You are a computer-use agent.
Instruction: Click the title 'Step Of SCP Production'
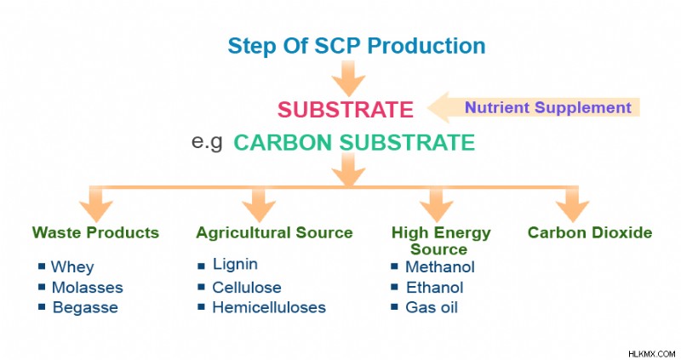tap(357, 46)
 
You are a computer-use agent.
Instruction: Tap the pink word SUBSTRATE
tap(346, 110)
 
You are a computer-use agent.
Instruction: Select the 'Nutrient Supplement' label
tap(548, 107)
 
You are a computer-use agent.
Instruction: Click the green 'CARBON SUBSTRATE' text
tap(354, 142)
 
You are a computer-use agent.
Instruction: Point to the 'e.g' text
tap(207, 141)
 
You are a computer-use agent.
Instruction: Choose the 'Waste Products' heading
tap(95, 232)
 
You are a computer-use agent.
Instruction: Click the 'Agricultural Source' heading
tap(274, 232)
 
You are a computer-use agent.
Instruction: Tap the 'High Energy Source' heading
tap(440, 241)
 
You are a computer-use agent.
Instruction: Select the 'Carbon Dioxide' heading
tap(590, 232)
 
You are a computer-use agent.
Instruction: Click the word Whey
tap(72, 266)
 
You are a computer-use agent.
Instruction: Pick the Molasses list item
tap(88, 288)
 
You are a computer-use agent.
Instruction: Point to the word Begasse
tap(85, 307)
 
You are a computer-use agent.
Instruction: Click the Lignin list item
tap(235, 264)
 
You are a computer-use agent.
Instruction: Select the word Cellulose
tap(247, 288)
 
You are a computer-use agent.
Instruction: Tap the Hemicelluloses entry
tap(269, 307)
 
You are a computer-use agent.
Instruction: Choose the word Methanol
tap(440, 266)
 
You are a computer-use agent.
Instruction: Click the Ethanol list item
tap(435, 288)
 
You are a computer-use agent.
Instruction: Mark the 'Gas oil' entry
tap(432, 307)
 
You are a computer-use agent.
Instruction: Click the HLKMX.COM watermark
tap(651, 354)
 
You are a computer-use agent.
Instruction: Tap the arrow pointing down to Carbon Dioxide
tap(572, 204)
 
